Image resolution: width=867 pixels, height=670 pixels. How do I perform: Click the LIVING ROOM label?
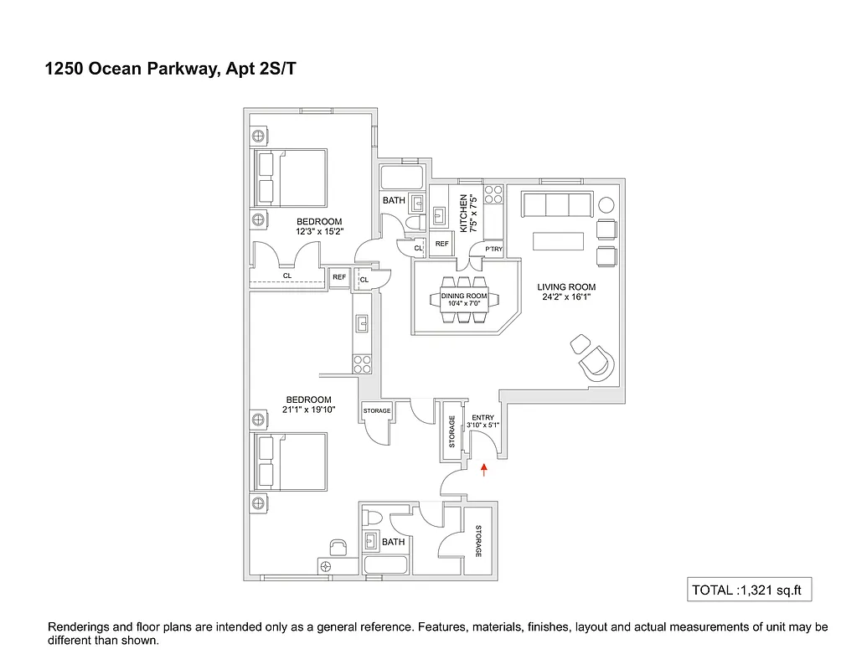click(x=566, y=287)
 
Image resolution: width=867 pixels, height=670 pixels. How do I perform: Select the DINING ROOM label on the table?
click(x=464, y=296)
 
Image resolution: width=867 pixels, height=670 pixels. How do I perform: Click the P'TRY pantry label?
click(x=493, y=249)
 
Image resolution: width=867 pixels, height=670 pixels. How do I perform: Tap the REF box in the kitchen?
click(x=442, y=244)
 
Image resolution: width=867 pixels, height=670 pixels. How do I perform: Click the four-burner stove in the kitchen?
click(x=493, y=194)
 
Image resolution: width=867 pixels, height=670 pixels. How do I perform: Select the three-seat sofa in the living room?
click(x=557, y=204)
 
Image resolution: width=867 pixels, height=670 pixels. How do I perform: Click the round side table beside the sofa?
click(x=606, y=204)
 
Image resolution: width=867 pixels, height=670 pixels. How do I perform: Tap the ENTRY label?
click(x=483, y=417)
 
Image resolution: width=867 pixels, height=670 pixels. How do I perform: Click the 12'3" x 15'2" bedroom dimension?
click(x=318, y=231)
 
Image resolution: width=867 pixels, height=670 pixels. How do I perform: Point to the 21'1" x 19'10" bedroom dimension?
click(x=308, y=410)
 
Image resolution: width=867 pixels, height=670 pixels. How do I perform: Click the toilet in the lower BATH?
click(x=373, y=518)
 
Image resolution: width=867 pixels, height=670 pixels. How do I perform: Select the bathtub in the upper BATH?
click(x=402, y=178)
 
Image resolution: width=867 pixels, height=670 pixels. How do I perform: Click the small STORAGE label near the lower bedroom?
click(x=377, y=410)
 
